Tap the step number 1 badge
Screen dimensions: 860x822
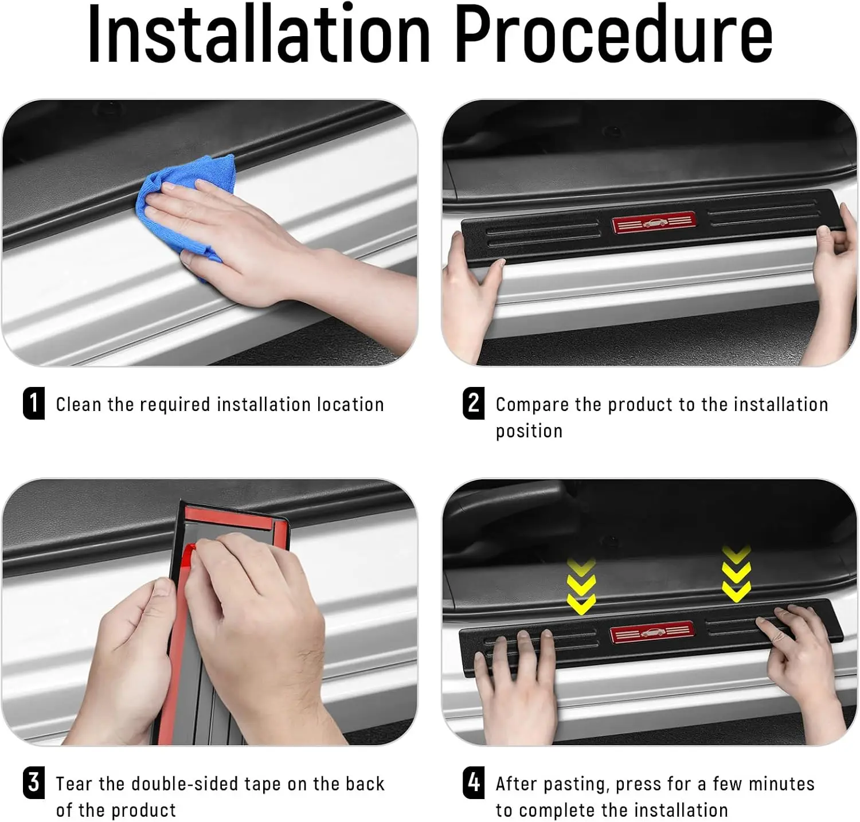click(34, 403)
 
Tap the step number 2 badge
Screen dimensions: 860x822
click(474, 403)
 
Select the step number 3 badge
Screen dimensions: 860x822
click(34, 782)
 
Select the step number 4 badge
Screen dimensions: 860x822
click(474, 782)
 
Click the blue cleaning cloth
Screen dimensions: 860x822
click(186, 212)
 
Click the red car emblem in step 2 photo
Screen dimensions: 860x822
click(654, 223)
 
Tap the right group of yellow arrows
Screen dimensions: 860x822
click(736, 574)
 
